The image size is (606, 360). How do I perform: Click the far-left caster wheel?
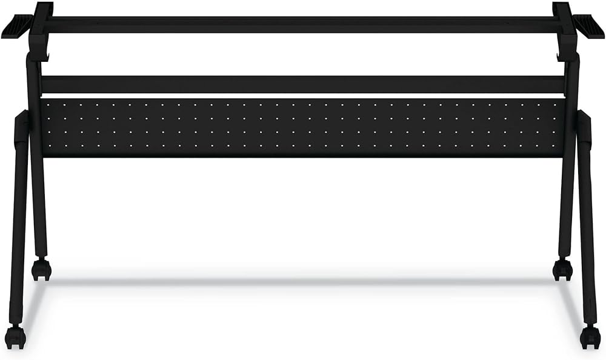click(15, 337)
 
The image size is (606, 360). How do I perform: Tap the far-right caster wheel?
click(590, 337)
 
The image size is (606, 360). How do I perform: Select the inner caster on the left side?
click(41, 269)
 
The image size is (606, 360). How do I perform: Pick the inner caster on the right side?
click(563, 269)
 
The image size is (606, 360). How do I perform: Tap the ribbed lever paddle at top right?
click(588, 25)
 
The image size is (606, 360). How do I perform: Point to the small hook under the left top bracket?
click(46, 58)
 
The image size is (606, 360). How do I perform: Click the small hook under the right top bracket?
click(559, 58)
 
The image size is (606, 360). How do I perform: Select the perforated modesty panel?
click(303, 127)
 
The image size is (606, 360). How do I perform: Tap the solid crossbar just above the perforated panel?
click(303, 84)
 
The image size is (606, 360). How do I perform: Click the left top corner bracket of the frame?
click(41, 24)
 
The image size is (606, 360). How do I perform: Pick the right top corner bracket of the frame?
click(564, 24)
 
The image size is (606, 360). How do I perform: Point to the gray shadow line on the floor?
click(303, 281)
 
